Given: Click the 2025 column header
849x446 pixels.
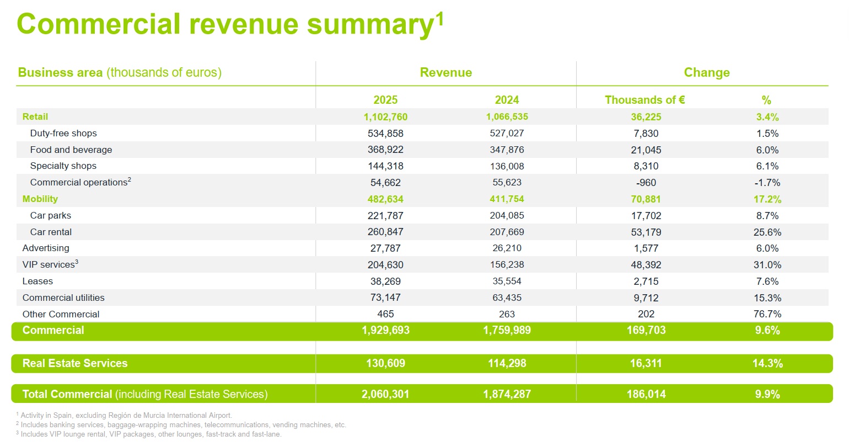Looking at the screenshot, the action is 385,100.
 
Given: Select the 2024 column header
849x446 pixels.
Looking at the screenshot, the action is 507,100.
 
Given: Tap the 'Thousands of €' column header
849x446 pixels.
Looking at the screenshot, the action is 644,100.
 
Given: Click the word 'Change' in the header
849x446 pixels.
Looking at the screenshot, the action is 707,72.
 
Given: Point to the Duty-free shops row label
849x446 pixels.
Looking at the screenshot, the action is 63,133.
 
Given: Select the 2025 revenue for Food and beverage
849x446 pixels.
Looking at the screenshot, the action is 385,150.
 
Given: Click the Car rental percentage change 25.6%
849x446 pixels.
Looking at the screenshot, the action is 767,232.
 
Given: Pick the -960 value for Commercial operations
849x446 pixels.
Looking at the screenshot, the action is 646,183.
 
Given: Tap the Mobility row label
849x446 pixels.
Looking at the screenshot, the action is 40,199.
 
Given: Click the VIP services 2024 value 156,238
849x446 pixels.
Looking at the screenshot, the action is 507,264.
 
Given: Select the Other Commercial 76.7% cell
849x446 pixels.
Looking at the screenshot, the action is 767,314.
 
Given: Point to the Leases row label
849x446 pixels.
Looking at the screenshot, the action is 37,282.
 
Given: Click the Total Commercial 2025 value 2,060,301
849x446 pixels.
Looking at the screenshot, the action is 385,394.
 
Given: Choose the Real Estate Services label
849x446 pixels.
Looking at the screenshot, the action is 75,363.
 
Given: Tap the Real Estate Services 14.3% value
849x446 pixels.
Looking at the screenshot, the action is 767,363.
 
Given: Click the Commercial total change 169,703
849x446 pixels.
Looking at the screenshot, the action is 646,330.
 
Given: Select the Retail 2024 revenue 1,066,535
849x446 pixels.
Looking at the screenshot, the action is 507,116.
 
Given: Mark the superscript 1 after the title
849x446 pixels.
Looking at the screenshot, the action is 439,18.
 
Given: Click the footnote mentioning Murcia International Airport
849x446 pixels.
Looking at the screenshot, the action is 124,415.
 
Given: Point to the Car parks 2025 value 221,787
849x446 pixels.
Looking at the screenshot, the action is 385,216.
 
